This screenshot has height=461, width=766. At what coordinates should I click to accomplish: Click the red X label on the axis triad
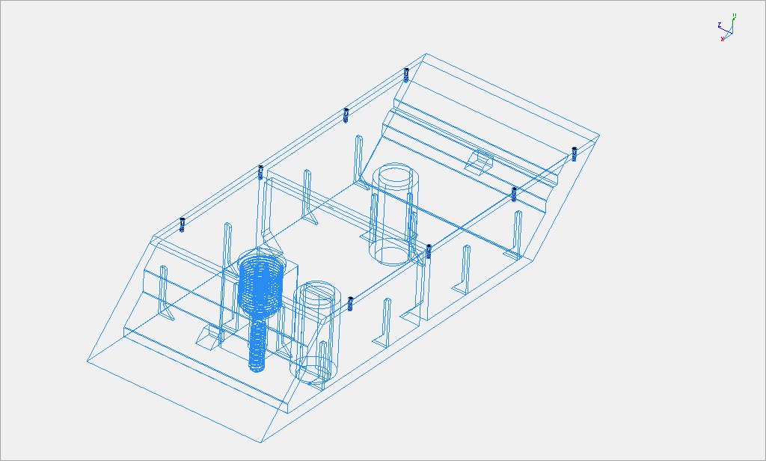pos(723,39)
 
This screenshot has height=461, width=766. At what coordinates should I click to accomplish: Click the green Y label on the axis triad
pos(735,16)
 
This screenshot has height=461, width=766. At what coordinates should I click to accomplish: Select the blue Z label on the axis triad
pos(719,24)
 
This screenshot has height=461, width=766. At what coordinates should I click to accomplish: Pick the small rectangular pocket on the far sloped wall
pos(479,159)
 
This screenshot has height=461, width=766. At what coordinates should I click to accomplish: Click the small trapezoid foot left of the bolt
pos(206,336)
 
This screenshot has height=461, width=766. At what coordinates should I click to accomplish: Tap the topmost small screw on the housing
pos(406,74)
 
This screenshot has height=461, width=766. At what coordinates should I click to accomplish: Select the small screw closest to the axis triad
pos(574,153)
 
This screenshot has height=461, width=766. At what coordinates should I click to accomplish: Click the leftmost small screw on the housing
pos(183,224)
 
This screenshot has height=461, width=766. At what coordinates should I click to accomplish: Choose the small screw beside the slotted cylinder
pos(350,303)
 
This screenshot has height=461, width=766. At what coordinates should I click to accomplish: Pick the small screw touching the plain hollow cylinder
pos(429,250)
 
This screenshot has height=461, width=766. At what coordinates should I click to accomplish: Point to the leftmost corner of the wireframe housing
pos(86,361)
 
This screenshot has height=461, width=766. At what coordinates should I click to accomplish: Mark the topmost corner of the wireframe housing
pos(426,53)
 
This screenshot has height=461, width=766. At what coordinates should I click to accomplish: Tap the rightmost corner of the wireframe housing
pos(600,137)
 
